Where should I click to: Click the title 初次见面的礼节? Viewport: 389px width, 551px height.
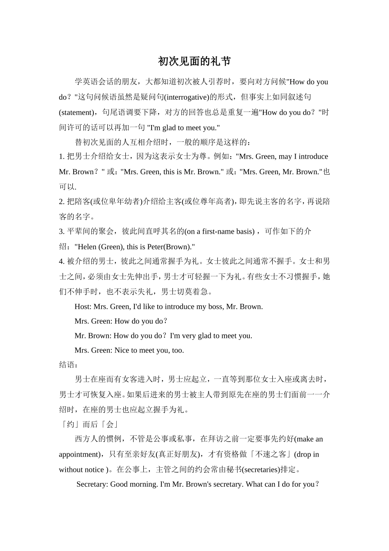194,61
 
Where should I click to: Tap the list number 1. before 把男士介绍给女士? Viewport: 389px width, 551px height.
62,157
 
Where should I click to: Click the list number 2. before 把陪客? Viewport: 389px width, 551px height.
62,202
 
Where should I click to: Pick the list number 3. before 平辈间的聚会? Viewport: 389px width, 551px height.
62,232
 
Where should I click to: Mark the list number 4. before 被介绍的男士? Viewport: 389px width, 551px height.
62,262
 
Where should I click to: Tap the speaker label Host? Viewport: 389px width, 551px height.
83,307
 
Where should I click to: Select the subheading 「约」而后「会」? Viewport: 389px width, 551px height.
89,424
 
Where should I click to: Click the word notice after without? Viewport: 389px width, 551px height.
94,470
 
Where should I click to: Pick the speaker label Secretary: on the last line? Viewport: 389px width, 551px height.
93,485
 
